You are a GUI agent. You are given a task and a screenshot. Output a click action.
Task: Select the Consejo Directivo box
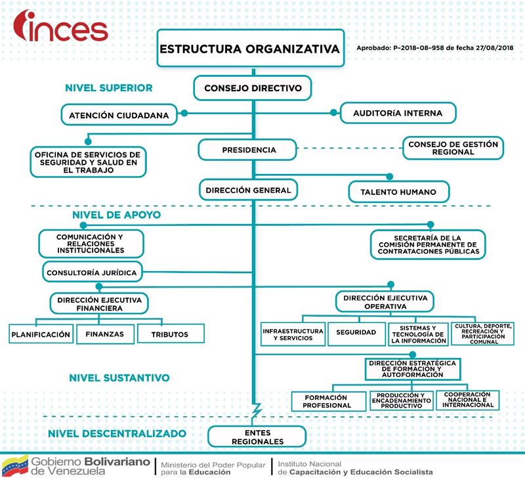[x=253, y=88]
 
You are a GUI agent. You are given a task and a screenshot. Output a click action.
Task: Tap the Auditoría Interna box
[x=398, y=113]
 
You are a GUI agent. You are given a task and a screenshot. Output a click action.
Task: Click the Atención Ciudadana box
[x=119, y=115]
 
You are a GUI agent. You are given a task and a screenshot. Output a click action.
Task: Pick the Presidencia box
[x=247, y=150]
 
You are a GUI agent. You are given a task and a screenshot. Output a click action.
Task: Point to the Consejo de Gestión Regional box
[x=453, y=148]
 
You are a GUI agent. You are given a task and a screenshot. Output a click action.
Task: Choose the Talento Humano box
[x=398, y=192]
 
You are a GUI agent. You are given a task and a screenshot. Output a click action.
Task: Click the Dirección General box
[x=248, y=190]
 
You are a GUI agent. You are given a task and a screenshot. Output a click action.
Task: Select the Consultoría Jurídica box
[x=92, y=272]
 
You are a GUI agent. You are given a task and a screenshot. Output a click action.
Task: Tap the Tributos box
[x=171, y=334]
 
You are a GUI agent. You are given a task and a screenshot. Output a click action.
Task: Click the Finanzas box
[x=105, y=334]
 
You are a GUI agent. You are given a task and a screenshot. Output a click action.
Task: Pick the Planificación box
[x=41, y=334]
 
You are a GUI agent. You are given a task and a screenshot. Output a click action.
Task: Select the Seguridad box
[x=356, y=333]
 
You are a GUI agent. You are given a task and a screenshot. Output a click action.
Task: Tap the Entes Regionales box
[x=257, y=437]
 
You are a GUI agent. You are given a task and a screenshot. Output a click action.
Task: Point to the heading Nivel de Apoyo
[x=117, y=215]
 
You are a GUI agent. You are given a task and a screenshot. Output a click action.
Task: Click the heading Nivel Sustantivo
[x=119, y=378]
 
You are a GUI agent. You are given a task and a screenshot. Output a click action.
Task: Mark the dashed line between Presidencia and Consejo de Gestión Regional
[x=350, y=148]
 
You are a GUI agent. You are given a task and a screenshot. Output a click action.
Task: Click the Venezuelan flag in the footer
[x=15, y=465]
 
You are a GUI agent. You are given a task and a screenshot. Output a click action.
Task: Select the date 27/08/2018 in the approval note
[x=495, y=47]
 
